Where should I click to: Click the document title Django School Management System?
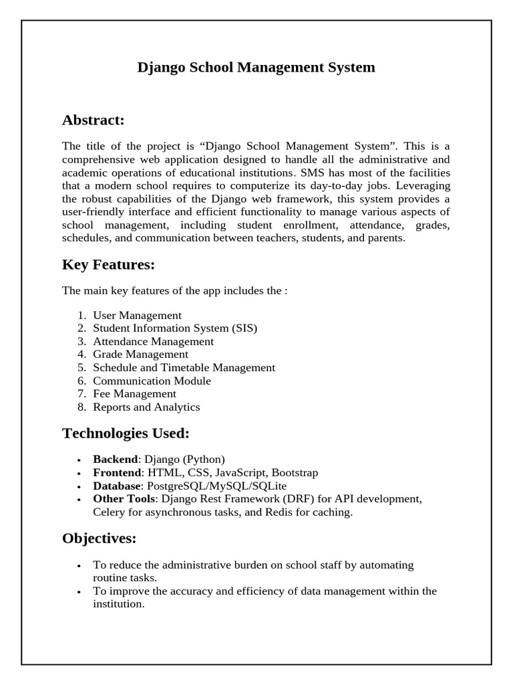[256, 68]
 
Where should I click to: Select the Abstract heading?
[94, 120]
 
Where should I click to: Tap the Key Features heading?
[108, 265]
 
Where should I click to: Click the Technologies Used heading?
[126, 433]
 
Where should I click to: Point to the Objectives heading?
[99, 539]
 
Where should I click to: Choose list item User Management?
[137, 315]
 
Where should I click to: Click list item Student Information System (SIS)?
[174, 328]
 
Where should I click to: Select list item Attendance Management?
[153, 341]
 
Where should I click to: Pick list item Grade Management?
[140, 355]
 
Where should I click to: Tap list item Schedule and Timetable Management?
[184, 367]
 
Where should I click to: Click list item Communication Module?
[152, 381]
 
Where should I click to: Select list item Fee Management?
[134, 394]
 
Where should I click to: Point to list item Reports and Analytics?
[146, 407]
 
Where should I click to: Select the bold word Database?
[117, 486]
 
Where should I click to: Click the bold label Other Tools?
[124, 499]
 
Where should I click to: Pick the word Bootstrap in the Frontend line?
[295, 473]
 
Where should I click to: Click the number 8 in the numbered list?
[80, 407]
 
